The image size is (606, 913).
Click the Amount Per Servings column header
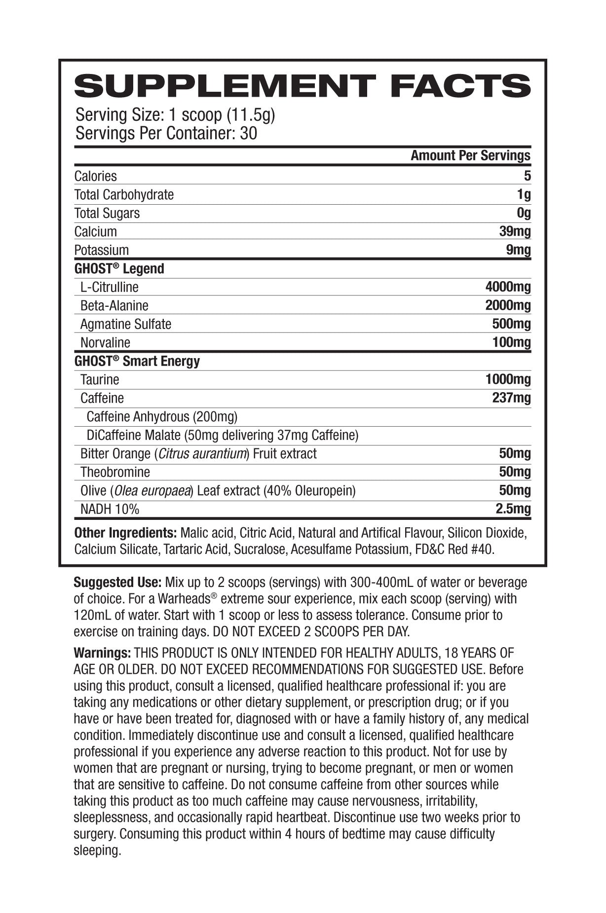pyautogui.click(x=470, y=156)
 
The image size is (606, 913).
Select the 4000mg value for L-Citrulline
pyautogui.click(x=508, y=287)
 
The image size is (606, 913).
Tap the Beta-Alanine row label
pyautogui.click(x=114, y=306)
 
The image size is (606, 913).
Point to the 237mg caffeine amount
pyautogui.click(x=511, y=398)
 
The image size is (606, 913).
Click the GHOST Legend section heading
pyautogui.click(x=119, y=269)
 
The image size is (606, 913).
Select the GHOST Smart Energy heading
pyautogui.click(x=137, y=361)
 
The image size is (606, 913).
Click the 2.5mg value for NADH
pyautogui.click(x=513, y=509)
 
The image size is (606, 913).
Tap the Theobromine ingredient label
pyautogui.click(x=115, y=472)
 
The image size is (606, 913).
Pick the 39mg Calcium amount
pyautogui.click(x=515, y=231)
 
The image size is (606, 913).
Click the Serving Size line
pyautogui.click(x=175, y=115)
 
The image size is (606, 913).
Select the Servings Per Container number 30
pyautogui.click(x=248, y=134)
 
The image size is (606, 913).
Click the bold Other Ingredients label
pyautogui.click(x=125, y=533)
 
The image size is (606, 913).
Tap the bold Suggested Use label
pyautogui.click(x=117, y=583)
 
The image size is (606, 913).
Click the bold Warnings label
pyautogui.click(x=102, y=653)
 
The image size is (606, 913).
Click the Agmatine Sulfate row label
pyautogui.click(x=125, y=324)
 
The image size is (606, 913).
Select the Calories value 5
pyautogui.click(x=527, y=176)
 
